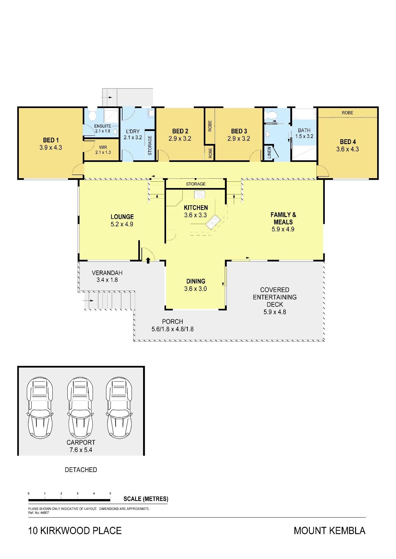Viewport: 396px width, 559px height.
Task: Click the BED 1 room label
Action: point(51,140)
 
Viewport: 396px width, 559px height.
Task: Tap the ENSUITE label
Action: point(103,126)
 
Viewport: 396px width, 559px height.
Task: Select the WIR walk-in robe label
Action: point(103,148)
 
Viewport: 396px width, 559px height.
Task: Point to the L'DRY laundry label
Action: point(133,131)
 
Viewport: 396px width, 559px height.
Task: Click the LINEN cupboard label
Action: point(269,153)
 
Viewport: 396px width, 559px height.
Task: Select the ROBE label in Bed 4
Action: point(347,113)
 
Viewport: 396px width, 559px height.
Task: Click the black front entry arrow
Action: point(148,260)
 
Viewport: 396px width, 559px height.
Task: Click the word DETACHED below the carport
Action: point(81,470)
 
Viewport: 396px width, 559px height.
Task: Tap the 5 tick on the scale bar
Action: point(110,493)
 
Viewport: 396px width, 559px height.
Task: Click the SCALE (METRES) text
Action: point(146,499)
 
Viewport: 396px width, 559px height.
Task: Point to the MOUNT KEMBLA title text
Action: point(330,531)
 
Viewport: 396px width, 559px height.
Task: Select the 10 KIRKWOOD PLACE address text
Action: point(75,531)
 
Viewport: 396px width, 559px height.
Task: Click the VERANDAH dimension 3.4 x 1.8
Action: point(107,280)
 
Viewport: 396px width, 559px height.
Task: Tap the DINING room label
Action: point(196,281)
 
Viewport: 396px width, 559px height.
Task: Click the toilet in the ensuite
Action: point(93,115)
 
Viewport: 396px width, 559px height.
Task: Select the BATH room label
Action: point(304,130)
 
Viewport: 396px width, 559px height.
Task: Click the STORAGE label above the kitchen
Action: point(196,184)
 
